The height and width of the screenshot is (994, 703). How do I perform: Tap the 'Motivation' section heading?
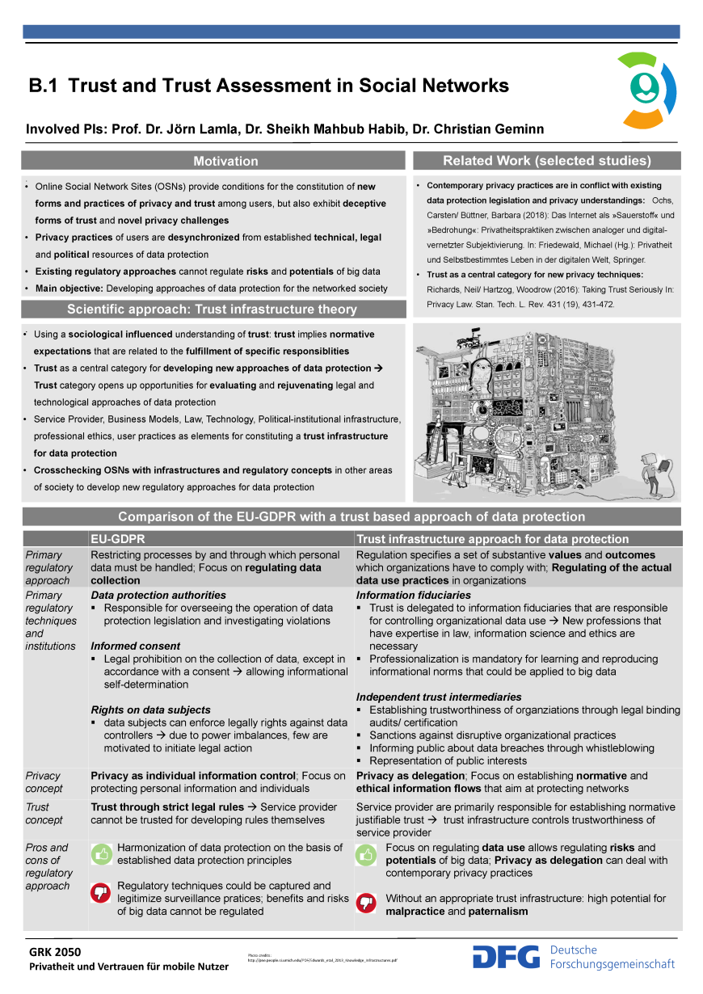pyautogui.click(x=225, y=161)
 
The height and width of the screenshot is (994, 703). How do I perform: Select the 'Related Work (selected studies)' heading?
pyautogui.click(x=546, y=160)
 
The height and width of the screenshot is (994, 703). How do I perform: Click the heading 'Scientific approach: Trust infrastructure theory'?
pyautogui.click(x=212, y=309)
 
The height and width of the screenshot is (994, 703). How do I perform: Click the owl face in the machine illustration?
pyautogui.click(x=482, y=373)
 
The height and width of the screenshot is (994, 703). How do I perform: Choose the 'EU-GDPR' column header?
pyautogui.click(x=116, y=539)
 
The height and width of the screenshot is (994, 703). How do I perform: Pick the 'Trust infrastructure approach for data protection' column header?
pyautogui.click(x=492, y=539)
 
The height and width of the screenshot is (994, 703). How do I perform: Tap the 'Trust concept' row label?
pyautogui.click(x=44, y=813)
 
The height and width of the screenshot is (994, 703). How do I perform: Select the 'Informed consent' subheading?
pyautogui.click(x=135, y=647)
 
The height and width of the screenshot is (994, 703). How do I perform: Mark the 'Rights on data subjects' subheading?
pyautogui.click(x=150, y=710)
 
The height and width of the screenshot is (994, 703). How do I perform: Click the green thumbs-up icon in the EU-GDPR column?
pyautogui.click(x=101, y=853)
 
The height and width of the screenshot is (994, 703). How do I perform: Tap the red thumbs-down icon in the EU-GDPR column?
pyautogui.click(x=101, y=892)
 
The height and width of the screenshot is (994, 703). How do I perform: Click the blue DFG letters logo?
pyautogui.click(x=506, y=957)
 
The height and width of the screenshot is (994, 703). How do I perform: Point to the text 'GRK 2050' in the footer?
pyautogui.click(x=56, y=952)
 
